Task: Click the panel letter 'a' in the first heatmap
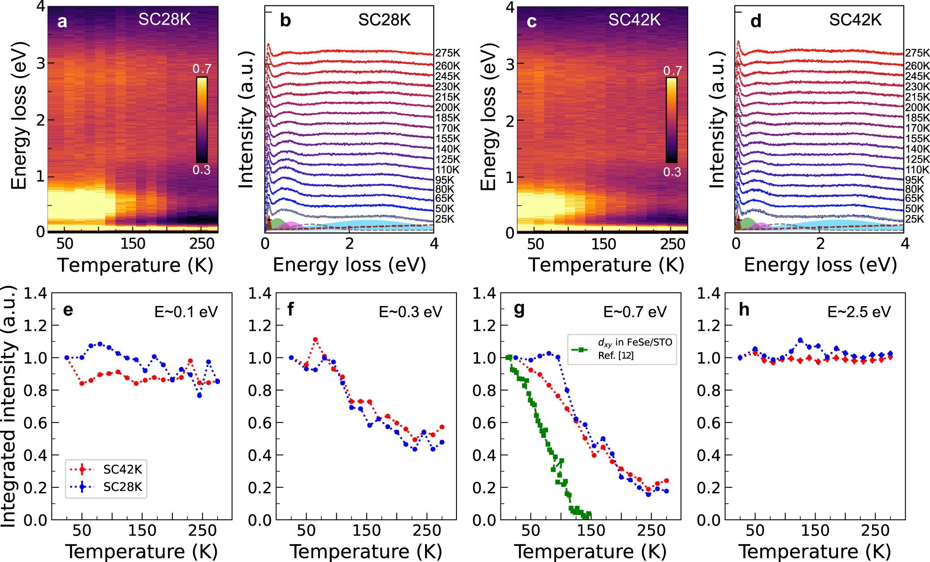pyautogui.click(x=62, y=22)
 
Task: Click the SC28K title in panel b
pyautogui.click(x=384, y=20)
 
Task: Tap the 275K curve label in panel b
pyautogui.click(x=447, y=53)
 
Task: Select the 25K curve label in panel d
pyautogui.click(x=914, y=219)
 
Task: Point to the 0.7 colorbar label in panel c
pyautogui.click(x=672, y=71)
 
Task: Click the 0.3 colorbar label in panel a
pyautogui.click(x=202, y=170)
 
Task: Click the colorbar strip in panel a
pyautogui.click(x=202, y=119)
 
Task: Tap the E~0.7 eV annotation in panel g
pyautogui.click(x=635, y=312)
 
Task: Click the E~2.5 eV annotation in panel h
pyautogui.click(x=859, y=312)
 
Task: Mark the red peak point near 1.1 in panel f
pyautogui.click(x=316, y=340)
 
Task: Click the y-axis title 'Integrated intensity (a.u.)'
pyautogui.click(x=9, y=406)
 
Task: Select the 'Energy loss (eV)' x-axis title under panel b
pyautogui.click(x=349, y=265)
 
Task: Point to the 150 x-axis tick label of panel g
pyautogui.click(x=591, y=531)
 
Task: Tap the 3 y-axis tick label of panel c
pyautogui.click(x=510, y=64)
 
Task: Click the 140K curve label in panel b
pyautogui.click(x=447, y=149)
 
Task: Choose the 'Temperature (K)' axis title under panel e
pyautogui.click(x=141, y=551)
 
